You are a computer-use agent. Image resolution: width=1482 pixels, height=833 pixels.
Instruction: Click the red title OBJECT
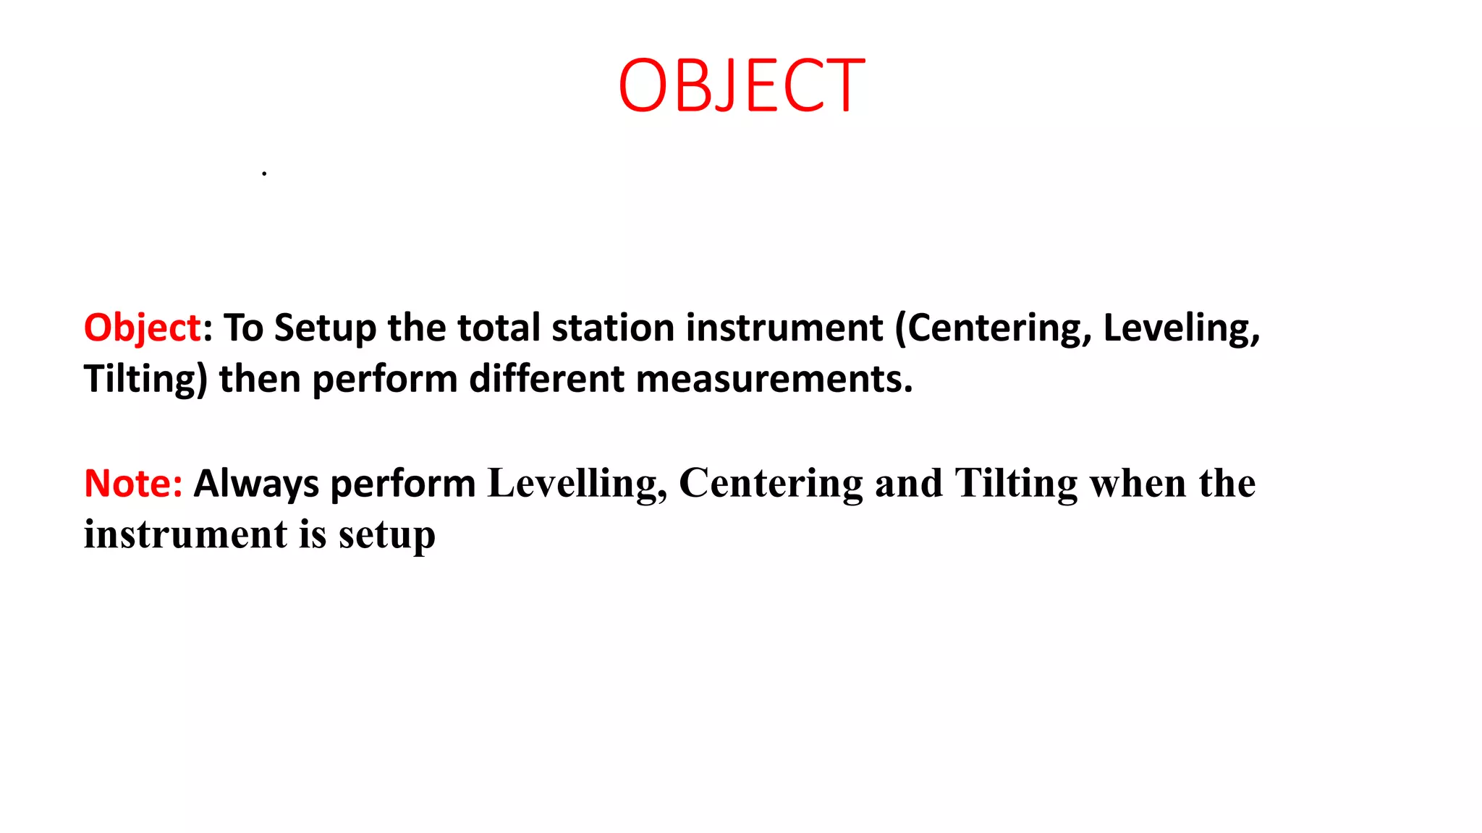[741, 86]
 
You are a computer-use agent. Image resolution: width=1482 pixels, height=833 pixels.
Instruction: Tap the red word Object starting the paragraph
[142, 328]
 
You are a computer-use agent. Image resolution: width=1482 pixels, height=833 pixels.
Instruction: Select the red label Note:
[133, 483]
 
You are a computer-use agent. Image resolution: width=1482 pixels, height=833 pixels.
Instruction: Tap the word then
[259, 379]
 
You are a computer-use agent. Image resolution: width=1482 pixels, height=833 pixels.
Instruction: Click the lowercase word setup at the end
[387, 536]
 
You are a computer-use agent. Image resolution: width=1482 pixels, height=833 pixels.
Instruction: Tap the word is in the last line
[313, 534]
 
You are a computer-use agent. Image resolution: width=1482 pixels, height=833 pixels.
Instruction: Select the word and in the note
[908, 483]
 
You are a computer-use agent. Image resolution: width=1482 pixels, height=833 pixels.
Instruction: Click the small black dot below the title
[264, 174]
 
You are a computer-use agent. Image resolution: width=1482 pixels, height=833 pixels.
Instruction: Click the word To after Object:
[243, 328]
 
